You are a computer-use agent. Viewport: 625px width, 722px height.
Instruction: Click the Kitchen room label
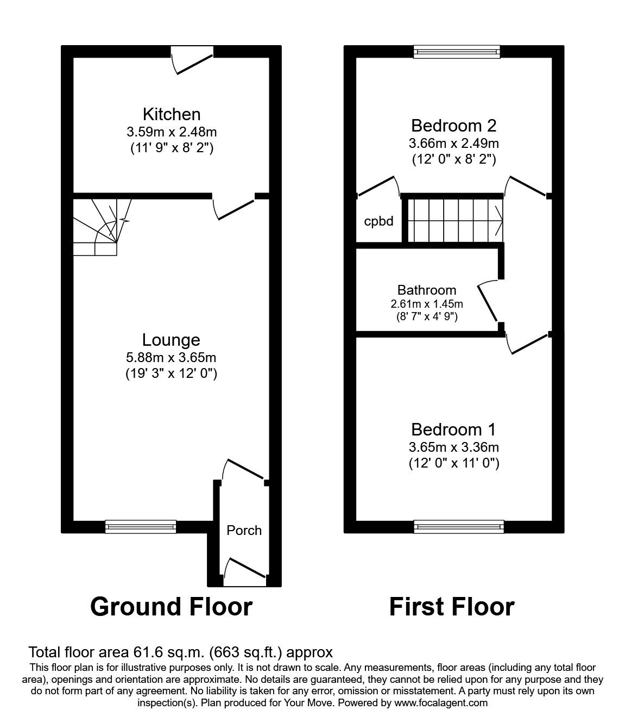pyautogui.click(x=171, y=114)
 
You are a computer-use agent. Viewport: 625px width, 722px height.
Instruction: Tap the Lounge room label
pyautogui.click(x=171, y=340)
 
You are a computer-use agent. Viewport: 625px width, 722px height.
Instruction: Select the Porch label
pyautogui.click(x=244, y=530)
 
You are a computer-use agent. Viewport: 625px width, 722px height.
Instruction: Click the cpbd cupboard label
pyautogui.click(x=378, y=222)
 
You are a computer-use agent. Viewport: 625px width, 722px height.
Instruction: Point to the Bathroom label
pyautogui.click(x=426, y=290)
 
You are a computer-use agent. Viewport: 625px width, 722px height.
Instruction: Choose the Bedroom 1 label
pyautogui.click(x=453, y=430)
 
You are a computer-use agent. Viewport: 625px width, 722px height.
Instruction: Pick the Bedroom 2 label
pyautogui.click(x=453, y=126)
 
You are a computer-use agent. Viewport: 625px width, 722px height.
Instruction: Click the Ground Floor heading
pyautogui.click(x=171, y=606)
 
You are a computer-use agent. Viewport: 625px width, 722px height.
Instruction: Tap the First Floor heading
pyautogui.click(x=452, y=606)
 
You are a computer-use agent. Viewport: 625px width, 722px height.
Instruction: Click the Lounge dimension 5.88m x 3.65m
pyautogui.click(x=171, y=357)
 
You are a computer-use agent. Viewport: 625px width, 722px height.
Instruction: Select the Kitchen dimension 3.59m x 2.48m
pyautogui.click(x=171, y=132)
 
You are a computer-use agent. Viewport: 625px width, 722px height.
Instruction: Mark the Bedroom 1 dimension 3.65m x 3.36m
pyautogui.click(x=453, y=447)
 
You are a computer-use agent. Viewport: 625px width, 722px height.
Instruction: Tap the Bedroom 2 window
pyautogui.click(x=456, y=52)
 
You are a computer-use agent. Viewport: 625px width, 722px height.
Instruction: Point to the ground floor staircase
pyautogui.click(x=101, y=226)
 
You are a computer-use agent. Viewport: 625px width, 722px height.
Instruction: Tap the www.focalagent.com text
pyautogui.click(x=441, y=702)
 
